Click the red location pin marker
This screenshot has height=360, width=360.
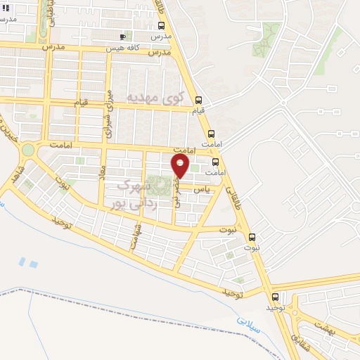pyautogui.click(x=181, y=166)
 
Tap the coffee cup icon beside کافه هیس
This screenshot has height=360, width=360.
pyautogui.click(x=124, y=37)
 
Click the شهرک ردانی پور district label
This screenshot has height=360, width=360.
pyautogui.click(x=134, y=195)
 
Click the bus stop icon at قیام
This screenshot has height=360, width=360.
pyautogui.click(x=198, y=100)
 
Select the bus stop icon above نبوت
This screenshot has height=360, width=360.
pyautogui.click(x=252, y=238)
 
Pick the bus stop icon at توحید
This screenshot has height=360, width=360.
pyautogui.click(x=275, y=297)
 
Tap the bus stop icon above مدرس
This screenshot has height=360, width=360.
pyautogui.click(x=162, y=26)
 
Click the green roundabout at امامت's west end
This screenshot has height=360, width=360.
pyautogui.click(x=28, y=149)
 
